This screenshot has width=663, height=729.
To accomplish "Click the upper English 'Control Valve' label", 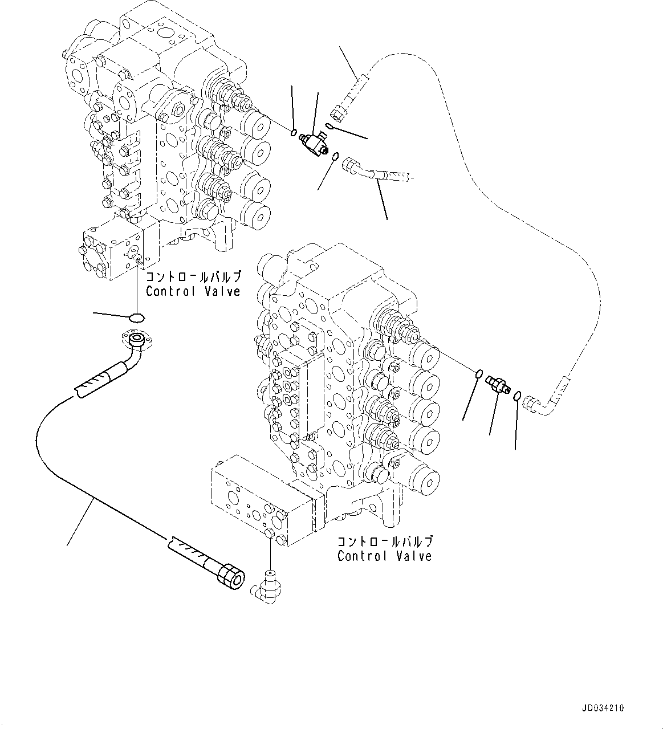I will click(193, 291).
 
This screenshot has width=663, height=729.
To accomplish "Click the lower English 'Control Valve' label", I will click(384, 556).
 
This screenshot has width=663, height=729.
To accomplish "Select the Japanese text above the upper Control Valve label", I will click(193, 278).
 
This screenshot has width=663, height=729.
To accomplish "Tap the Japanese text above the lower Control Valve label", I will click(384, 541).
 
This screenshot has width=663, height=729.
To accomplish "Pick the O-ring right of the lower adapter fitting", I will click(516, 396).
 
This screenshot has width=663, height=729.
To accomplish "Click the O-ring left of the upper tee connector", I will click(293, 133).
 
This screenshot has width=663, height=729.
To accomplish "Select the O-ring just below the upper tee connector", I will click(336, 156).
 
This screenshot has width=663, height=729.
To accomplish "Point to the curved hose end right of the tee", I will click(355, 169).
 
